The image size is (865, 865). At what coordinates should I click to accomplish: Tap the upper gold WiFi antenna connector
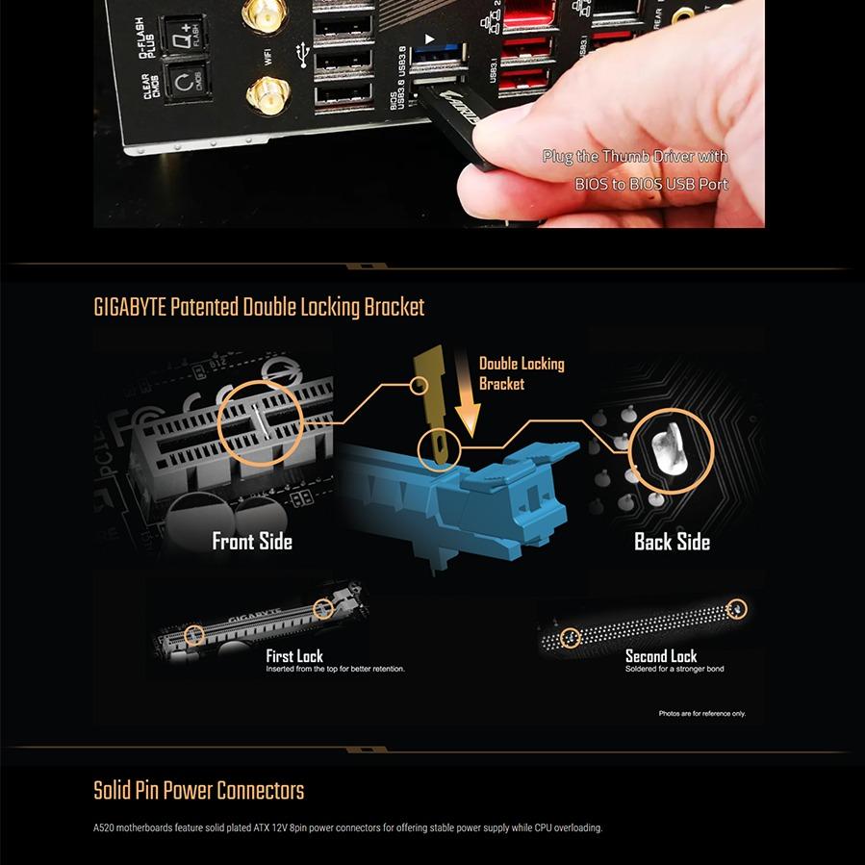coord(258,14)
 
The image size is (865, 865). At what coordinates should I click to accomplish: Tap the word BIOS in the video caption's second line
coord(595,184)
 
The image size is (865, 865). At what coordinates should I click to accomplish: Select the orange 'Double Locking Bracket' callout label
coord(522,373)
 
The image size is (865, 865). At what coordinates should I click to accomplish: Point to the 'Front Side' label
coord(252,542)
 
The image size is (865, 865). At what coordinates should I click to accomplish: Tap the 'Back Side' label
coord(672,542)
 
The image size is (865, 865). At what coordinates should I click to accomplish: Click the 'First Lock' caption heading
coord(294,656)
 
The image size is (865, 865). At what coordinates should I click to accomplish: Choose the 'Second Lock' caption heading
coord(661,656)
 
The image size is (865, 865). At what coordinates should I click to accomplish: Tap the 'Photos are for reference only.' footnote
coord(701,714)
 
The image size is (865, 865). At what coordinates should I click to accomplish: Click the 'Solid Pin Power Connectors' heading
coord(198,791)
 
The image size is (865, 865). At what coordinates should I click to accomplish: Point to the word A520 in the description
coord(103,827)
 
